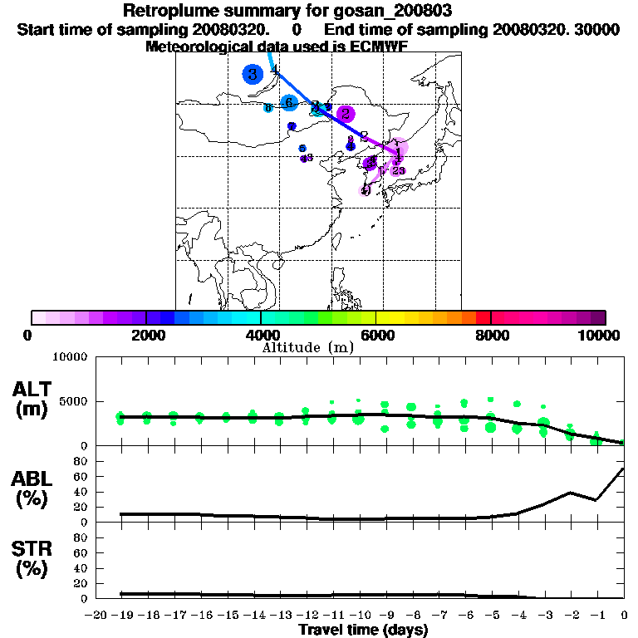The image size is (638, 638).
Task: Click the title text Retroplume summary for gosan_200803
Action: pyautogui.click(x=287, y=11)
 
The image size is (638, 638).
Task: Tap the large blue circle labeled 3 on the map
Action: pyautogui.click(x=252, y=74)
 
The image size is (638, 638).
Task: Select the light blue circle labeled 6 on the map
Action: pyautogui.click(x=289, y=103)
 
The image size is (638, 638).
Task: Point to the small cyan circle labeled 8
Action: pyautogui.click(x=267, y=108)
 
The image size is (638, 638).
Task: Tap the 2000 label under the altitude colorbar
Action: pyautogui.click(x=145, y=336)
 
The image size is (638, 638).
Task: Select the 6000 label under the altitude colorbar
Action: pyautogui.click(x=376, y=336)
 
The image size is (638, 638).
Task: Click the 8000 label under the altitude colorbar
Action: pyautogui.click(x=492, y=336)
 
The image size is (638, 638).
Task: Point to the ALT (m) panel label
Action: pyautogui.click(x=32, y=399)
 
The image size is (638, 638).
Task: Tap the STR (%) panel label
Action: pyautogui.click(x=32, y=558)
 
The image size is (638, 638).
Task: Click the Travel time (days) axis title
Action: pyautogui.click(x=363, y=631)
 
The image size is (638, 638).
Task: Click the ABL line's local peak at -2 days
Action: pyautogui.click(x=571, y=493)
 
